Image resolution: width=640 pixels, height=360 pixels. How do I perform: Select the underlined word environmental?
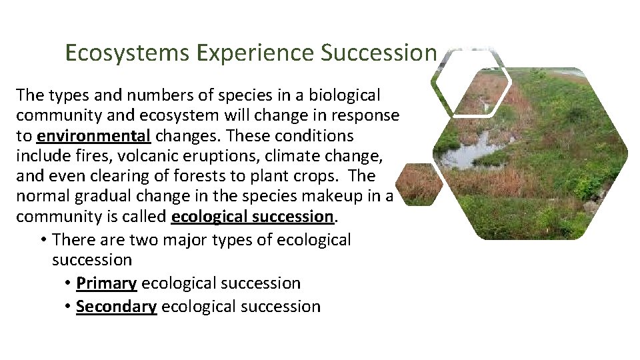pos(93,136)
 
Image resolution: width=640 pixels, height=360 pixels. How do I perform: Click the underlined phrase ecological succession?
pos(252,216)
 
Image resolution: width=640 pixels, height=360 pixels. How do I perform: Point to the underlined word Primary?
pos(106,283)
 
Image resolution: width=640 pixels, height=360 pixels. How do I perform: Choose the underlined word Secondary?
pos(116,307)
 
